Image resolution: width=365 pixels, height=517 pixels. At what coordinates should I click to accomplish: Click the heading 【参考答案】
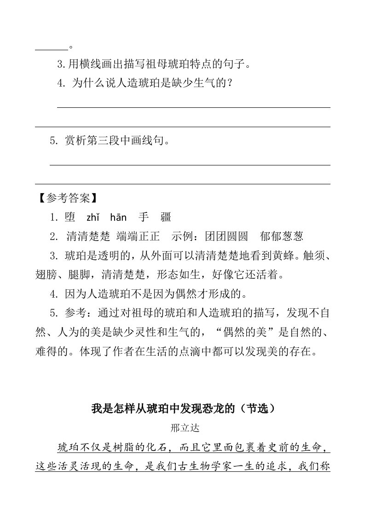[68, 198]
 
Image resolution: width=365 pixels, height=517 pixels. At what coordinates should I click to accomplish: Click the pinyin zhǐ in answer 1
[93, 217]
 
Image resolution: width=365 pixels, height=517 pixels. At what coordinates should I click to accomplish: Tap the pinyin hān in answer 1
[118, 217]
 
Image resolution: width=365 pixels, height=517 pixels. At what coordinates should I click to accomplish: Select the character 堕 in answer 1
[70, 217]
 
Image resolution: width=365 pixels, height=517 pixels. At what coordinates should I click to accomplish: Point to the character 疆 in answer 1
[165, 217]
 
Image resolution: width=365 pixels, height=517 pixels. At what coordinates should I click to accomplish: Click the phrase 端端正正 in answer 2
[138, 237]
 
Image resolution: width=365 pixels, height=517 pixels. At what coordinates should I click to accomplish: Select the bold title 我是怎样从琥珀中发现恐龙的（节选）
[183, 408]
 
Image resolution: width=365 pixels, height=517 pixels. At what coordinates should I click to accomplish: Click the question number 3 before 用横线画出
[59, 64]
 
